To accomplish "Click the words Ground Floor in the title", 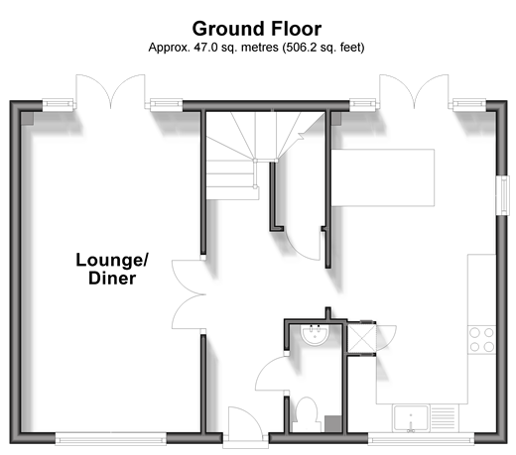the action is pyautogui.click(x=257, y=29).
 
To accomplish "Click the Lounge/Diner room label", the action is pyautogui.click(x=112, y=269).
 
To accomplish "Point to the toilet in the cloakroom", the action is pyautogui.click(x=307, y=414).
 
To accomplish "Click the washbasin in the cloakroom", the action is pyautogui.click(x=315, y=335).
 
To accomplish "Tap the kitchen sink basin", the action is pyautogui.click(x=411, y=418).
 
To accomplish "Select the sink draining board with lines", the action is pyautogui.click(x=444, y=418).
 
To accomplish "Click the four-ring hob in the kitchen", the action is pyautogui.click(x=481, y=340).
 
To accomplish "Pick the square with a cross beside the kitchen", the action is pyautogui.click(x=362, y=338).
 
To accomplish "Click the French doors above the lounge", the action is pyautogui.click(x=110, y=91).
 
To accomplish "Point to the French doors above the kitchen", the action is pyautogui.click(x=414, y=91).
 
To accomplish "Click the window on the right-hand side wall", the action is pyautogui.click(x=503, y=195).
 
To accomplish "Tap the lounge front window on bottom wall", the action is pyautogui.click(x=110, y=438).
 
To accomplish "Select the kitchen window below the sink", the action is pyautogui.click(x=421, y=438).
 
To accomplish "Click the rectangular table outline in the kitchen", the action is pyautogui.click(x=383, y=177).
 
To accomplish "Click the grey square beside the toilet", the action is pyautogui.click(x=332, y=423).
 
